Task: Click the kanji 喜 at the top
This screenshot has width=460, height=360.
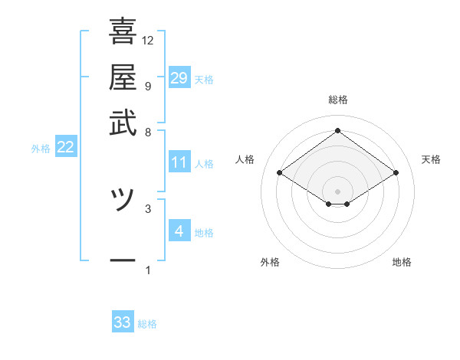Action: (x=123, y=32)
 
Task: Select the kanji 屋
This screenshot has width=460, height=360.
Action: (x=123, y=79)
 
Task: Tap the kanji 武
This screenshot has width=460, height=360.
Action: (x=123, y=125)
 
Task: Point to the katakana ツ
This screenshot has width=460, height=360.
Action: (x=123, y=201)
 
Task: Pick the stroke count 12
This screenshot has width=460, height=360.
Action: (x=148, y=40)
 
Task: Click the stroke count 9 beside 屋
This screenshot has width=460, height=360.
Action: (x=147, y=86)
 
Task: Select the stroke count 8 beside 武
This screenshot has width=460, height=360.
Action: (x=147, y=132)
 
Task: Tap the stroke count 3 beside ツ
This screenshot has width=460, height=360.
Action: (x=147, y=208)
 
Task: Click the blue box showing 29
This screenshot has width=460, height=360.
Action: (x=179, y=78)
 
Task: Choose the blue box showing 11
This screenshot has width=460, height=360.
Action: (x=179, y=162)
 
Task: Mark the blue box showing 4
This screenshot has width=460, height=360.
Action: (x=179, y=231)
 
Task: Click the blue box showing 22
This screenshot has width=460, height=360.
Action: (x=65, y=148)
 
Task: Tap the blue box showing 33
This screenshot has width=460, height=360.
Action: (x=123, y=322)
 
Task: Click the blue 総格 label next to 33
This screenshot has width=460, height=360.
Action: (x=147, y=324)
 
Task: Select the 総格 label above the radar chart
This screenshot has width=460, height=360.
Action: (x=338, y=100)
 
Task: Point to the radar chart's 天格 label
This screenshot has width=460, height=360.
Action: (x=431, y=159)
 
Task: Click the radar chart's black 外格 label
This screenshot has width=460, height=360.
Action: (x=270, y=262)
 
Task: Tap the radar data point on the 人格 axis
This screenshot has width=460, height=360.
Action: (x=280, y=173)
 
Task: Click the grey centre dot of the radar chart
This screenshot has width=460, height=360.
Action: (x=338, y=190)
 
